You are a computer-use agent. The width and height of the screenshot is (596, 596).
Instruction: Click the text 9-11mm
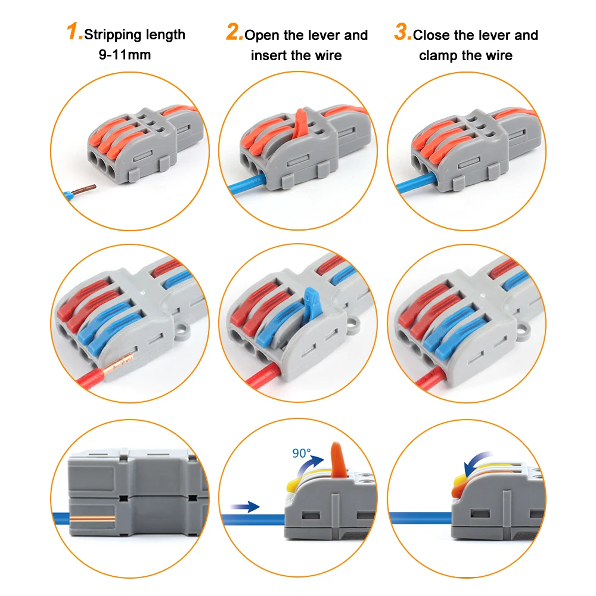[x=125, y=55]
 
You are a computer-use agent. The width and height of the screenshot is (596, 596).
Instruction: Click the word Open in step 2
[x=262, y=35]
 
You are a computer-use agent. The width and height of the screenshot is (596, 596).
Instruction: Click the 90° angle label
[x=302, y=453]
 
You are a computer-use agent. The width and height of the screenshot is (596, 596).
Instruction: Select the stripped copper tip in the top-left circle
[x=85, y=190]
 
